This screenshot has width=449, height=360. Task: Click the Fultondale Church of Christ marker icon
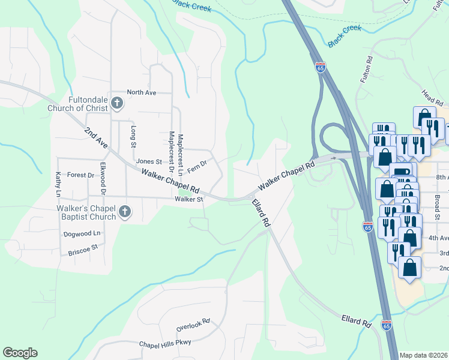pyautogui.click(x=117, y=104)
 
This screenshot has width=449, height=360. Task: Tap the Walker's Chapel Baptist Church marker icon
pyautogui.click(x=125, y=211)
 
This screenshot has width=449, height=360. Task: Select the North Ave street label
pyautogui.click(x=142, y=92)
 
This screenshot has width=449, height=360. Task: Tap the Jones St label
pyautogui.click(x=149, y=161)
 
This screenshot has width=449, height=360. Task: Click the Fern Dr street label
pyautogui.click(x=197, y=166)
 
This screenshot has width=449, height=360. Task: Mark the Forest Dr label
pyautogui.click(x=81, y=175)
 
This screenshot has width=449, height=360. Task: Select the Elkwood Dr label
pyautogui.click(x=103, y=178)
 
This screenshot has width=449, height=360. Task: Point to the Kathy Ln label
pyautogui.click(x=58, y=184)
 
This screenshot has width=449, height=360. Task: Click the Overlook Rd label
pyautogui.click(x=193, y=325)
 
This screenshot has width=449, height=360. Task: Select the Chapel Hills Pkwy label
pyautogui.click(x=164, y=343)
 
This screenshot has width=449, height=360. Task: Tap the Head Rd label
pyautogui.click(x=432, y=97)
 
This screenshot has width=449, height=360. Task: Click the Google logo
pyautogui.click(x=20, y=353)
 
